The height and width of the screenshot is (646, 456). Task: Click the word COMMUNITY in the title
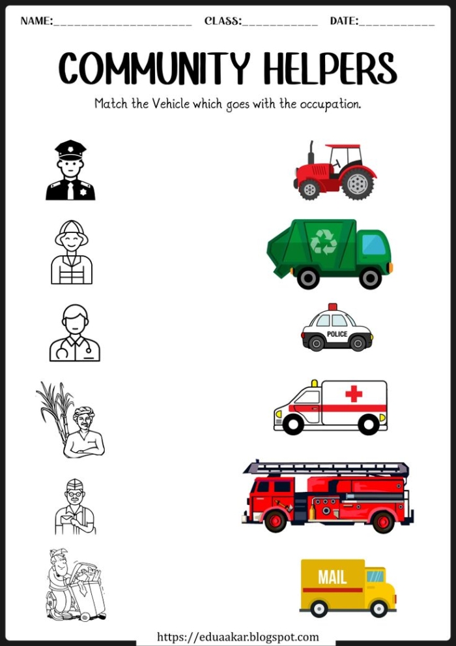[x=154, y=68]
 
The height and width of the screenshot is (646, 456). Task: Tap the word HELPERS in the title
[x=330, y=68]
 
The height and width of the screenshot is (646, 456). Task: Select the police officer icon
[x=70, y=171]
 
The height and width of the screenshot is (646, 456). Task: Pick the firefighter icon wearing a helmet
[x=72, y=252]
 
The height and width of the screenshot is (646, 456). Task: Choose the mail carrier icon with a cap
[x=74, y=507]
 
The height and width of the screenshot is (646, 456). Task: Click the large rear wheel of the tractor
[x=358, y=183]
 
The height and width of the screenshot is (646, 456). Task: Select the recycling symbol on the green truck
[x=323, y=242]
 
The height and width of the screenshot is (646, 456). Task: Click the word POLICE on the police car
[x=337, y=334]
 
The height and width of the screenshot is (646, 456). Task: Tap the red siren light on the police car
[x=333, y=307]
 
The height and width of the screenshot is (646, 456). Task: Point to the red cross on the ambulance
[x=354, y=393]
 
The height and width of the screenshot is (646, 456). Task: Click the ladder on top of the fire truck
[x=326, y=468]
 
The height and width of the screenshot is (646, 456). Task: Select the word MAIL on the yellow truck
[x=332, y=577]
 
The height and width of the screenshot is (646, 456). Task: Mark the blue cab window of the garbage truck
[x=374, y=245]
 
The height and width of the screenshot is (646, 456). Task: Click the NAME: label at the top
[x=36, y=21]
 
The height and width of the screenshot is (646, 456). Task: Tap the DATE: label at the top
[x=344, y=21]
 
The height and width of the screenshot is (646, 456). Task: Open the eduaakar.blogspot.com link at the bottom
[x=238, y=637]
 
